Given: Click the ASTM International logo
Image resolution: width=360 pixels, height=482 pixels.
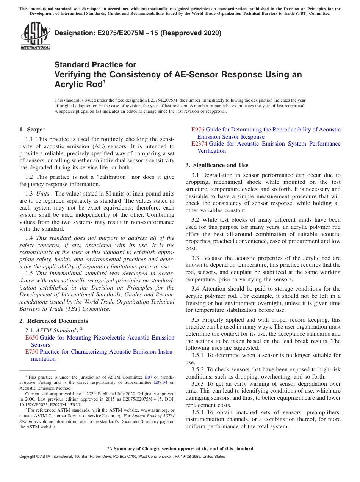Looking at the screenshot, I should point(35,36).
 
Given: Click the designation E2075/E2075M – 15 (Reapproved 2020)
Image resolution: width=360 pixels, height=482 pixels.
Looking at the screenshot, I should point(138,33).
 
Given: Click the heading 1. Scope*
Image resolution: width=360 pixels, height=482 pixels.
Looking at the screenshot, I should point(33,130).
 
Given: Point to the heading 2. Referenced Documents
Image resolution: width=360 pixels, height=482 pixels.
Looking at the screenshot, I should point(53,321).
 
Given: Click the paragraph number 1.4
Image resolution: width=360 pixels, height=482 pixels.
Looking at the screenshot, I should point(29,238).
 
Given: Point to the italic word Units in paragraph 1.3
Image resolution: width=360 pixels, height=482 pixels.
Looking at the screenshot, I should point(43,194).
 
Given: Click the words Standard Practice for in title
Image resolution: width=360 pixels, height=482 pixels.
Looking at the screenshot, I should point(95,65).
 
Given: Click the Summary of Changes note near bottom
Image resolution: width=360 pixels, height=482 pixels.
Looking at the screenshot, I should point(180,449).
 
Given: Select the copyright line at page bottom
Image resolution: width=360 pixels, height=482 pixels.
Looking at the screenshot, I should point(122,457).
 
